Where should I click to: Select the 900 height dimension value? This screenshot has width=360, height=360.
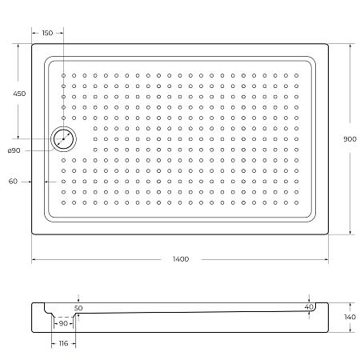(x=350, y=139)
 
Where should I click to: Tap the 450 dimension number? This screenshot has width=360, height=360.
(x=20, y=94)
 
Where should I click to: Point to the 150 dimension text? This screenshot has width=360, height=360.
(x=47, y=33)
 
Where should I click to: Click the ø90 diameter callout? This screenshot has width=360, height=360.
(x=14, y=151)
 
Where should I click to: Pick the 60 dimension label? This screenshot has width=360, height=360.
(x=14, y=182)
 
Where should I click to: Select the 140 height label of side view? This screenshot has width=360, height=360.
(x=350, y=318)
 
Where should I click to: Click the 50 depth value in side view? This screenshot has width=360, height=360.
(x=78, y=307)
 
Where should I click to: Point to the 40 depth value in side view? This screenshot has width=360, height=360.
(x=309, y=307)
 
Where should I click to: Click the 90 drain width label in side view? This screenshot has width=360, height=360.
(x=62, y=323)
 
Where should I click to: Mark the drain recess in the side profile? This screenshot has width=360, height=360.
(x=63, y=317)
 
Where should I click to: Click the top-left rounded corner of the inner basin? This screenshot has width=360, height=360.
(x=49, y=61)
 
